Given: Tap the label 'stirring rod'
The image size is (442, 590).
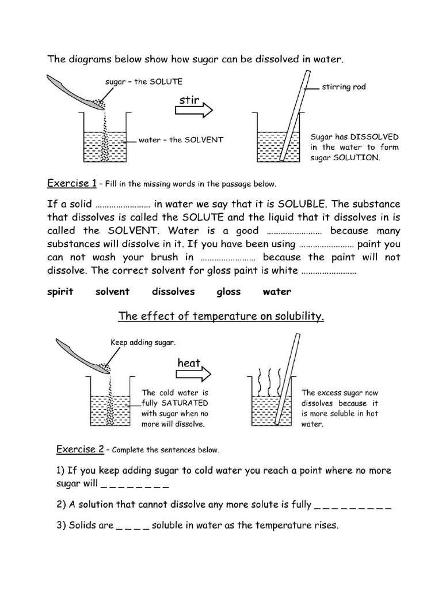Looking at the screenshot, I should [344, 88].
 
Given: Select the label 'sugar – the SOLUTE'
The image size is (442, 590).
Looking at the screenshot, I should [143, 82].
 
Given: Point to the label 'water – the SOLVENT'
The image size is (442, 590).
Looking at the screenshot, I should [181, 139].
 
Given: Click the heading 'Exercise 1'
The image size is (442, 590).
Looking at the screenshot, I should [71, 184].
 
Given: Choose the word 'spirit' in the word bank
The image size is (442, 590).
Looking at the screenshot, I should [60, 292].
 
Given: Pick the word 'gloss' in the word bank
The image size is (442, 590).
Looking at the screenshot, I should [228, 292].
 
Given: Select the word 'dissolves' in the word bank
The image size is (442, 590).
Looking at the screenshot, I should [173, 292].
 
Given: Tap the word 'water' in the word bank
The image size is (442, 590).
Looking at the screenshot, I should [277, 292].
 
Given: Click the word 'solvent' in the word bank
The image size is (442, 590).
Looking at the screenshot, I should [112, 292].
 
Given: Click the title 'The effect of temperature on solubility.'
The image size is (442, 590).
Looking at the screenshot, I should [221, 316].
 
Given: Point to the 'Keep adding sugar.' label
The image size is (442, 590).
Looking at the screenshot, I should [143, 342].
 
